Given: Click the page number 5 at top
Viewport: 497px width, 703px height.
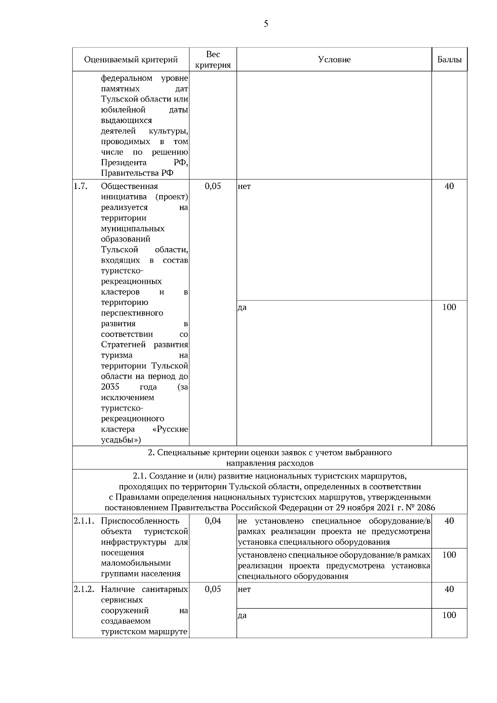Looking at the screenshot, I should tap(266, 24).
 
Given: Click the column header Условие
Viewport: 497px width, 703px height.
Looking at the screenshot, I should tap(334, 60).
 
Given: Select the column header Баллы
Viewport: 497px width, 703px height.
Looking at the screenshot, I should tap(449, 60).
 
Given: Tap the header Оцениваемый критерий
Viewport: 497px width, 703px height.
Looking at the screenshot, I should tap(131, 60).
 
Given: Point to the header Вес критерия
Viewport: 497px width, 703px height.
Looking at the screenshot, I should tap(213, 60).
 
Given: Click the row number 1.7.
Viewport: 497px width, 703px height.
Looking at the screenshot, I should tap(81, 186).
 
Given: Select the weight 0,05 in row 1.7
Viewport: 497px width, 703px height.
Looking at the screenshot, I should tap(213, 186).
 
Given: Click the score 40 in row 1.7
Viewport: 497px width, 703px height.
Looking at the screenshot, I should tap(449, 186).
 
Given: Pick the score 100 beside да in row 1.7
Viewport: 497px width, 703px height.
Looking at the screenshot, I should tap(449, 307).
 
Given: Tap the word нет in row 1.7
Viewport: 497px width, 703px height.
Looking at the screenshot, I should tap(244, 186).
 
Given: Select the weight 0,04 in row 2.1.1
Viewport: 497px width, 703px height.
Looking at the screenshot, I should tap(213, 521).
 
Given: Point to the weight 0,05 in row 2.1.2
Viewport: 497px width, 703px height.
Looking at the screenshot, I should tap(213, 589).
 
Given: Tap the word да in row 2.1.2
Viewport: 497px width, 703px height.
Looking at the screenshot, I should tap(242, 616).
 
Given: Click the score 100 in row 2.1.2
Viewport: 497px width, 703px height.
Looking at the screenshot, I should tap(449, 615).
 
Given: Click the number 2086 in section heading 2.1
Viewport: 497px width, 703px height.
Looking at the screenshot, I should tap(426, 508).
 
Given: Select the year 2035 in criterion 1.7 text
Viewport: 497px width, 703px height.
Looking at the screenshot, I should tap(110, 387).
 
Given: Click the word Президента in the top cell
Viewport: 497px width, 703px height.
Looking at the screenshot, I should tap(123, 162).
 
